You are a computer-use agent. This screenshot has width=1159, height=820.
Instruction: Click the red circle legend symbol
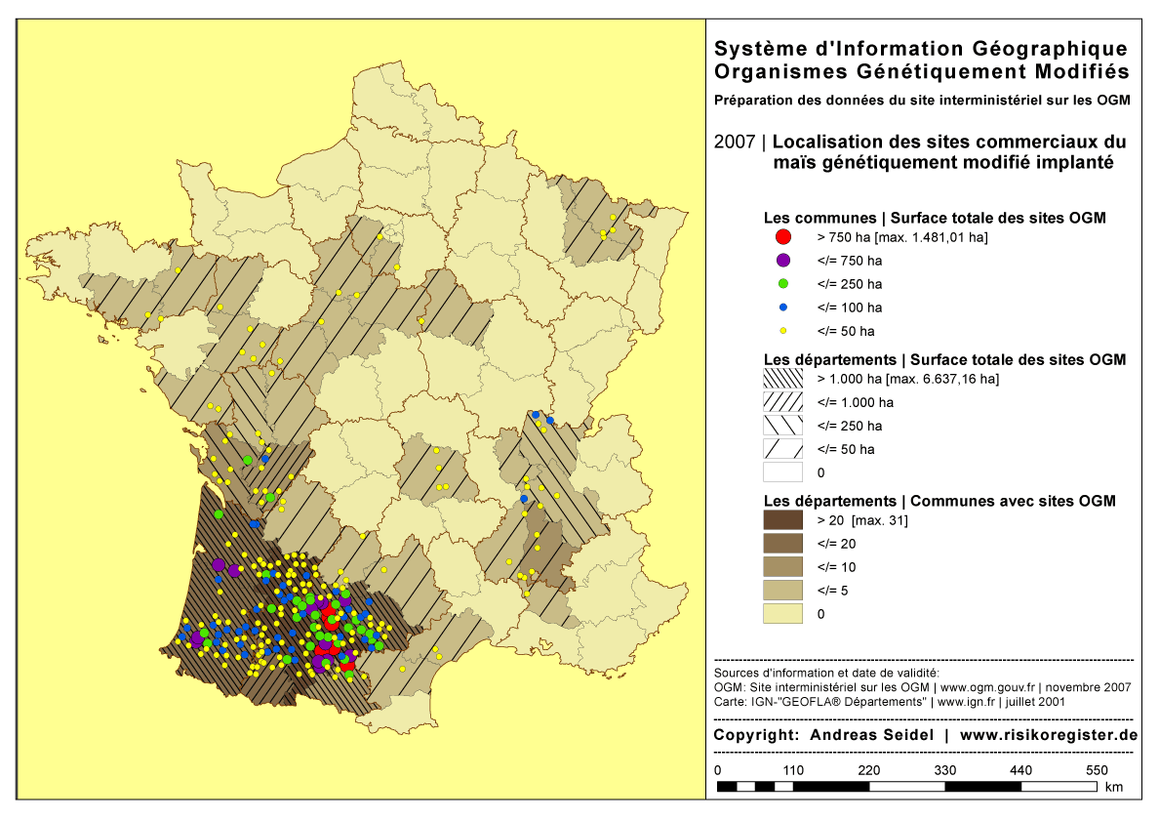pos(782,237)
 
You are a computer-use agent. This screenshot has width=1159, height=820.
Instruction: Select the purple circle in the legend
pos(782,261)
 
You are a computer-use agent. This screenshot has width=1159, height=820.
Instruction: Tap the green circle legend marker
pos(782,284)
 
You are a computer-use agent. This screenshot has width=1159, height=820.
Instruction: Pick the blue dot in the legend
pos(782,307)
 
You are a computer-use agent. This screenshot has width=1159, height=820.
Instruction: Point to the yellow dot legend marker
pos(782,331)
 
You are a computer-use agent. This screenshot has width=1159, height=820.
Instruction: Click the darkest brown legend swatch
pos(782,520)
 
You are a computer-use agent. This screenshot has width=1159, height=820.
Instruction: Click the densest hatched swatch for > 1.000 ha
pos(782,379)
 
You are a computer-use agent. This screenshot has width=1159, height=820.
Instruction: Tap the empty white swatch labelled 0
pos(782,472)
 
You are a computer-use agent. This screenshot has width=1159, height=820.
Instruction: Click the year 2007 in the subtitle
pos(734,143)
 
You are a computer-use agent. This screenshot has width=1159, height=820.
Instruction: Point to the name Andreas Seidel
pos(873,735)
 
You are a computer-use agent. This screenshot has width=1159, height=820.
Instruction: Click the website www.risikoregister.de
pos(1049,735)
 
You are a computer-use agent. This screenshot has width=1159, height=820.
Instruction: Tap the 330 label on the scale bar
pos(945,770)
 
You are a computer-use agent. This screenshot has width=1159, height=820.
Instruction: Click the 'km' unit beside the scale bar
pos(1114,787)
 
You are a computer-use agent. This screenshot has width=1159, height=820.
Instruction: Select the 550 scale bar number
pos(1097,770)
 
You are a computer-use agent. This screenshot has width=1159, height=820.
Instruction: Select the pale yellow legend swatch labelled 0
pos(782,614)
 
